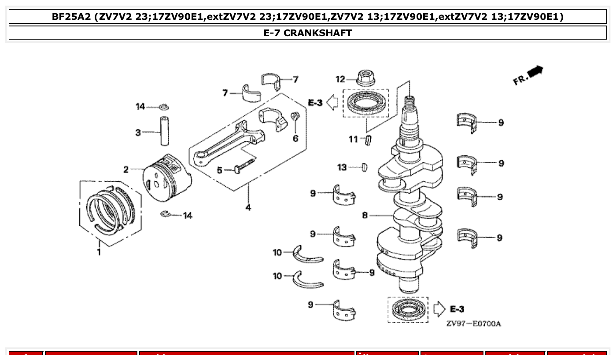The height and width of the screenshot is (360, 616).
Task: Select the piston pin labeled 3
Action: [165, 131]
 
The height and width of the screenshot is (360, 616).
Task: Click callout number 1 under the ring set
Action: [99, 252]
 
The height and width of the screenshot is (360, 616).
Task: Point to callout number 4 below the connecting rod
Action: [248, 207]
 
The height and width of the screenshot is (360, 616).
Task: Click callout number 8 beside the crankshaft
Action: [365, 216]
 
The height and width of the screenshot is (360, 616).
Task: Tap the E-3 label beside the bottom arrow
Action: [457, 309]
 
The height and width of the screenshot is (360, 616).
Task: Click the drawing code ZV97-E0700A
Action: [473, 324]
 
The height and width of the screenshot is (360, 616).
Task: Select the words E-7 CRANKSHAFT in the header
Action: [308, 33]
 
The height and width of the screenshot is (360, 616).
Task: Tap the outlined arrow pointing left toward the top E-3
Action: [333, 103]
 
